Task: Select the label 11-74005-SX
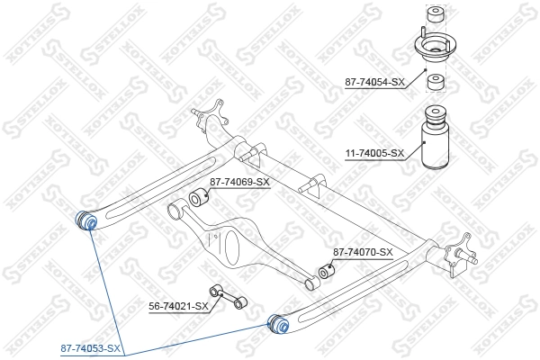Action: click(x=374, y=154)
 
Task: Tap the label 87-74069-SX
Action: click(x=239, y=183)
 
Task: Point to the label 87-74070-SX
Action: click(x=363, y=252)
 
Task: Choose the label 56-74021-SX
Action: click(x=178, y=306)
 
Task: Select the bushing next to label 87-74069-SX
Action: click(x=199, y=198)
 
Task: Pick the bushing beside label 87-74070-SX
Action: click(x=327, y=269)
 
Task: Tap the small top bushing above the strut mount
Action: click(x=436, y=15)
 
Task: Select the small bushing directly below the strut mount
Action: click(x=436, y=83)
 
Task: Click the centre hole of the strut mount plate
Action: click(x=436, y=45)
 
